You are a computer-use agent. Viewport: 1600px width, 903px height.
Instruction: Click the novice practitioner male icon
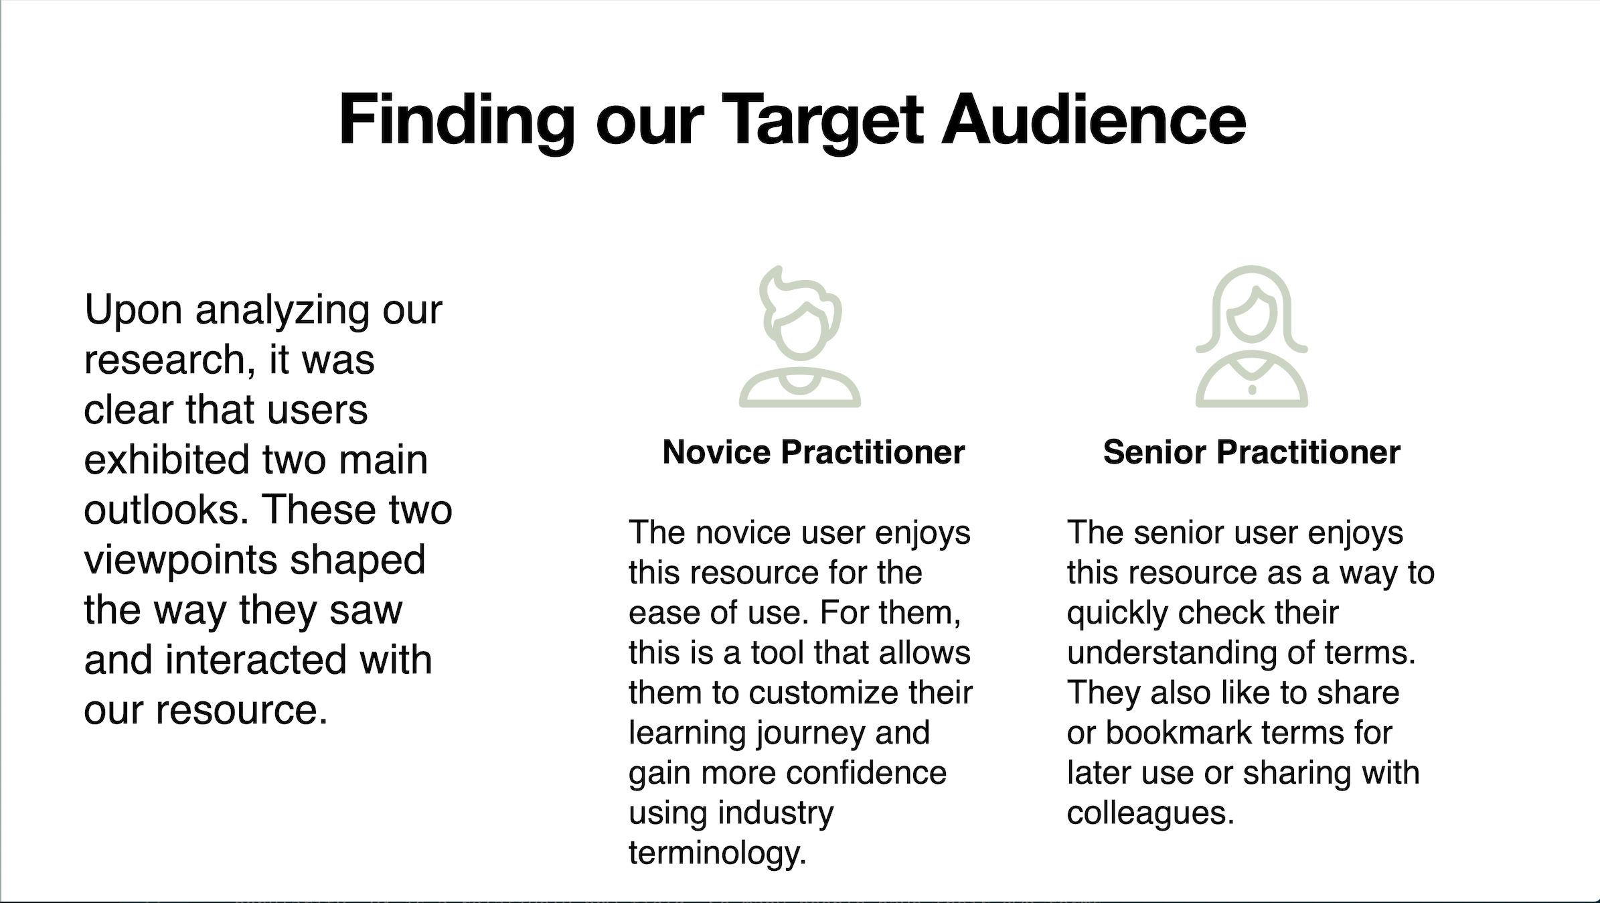(800, 336)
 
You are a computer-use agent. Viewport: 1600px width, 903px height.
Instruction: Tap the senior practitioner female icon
(1252, 336)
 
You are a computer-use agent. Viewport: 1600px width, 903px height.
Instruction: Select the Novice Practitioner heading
(813, 452)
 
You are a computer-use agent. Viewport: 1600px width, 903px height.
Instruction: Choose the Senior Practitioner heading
(1252, 452)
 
